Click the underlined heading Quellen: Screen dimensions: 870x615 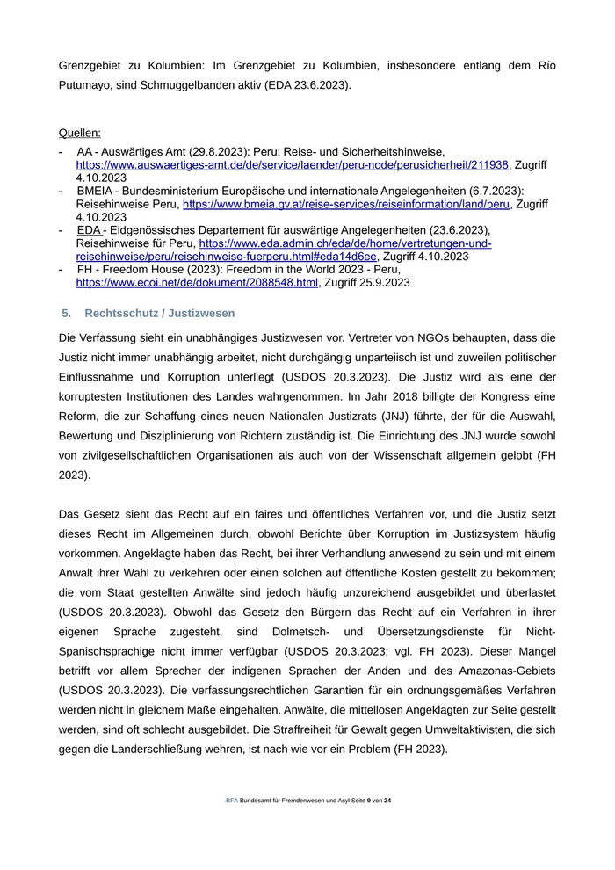79,134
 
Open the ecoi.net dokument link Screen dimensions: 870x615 197,283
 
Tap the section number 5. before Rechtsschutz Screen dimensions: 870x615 66,314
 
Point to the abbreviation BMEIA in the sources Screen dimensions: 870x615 97,191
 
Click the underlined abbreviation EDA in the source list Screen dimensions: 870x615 90,230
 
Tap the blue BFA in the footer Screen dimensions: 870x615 232,801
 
